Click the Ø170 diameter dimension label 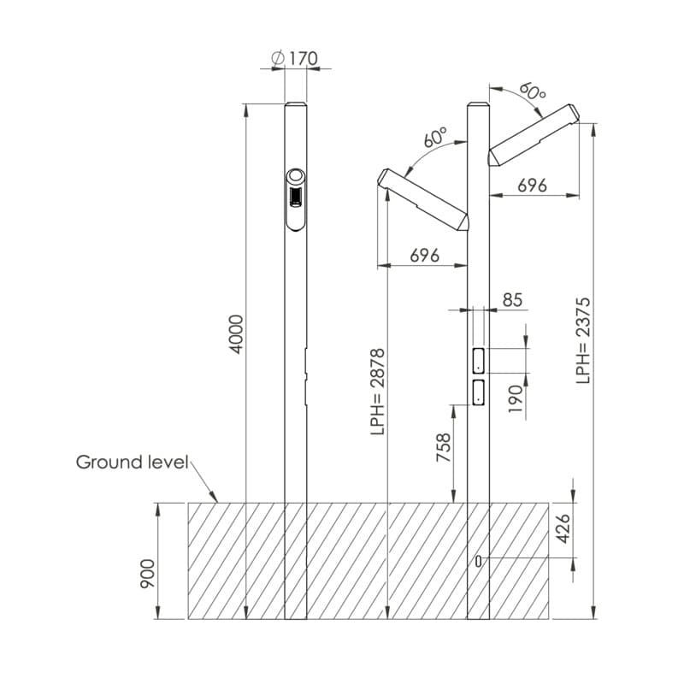point(294,58)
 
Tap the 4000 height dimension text point(236,334)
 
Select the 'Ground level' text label point(132,463)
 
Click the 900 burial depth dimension point(147,574)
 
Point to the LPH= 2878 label point(377,392)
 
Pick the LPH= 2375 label point(583,340)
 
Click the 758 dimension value point(443,447)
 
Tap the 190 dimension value point(516,398)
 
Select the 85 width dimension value point(512,300)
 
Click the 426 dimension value point(563,528)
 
